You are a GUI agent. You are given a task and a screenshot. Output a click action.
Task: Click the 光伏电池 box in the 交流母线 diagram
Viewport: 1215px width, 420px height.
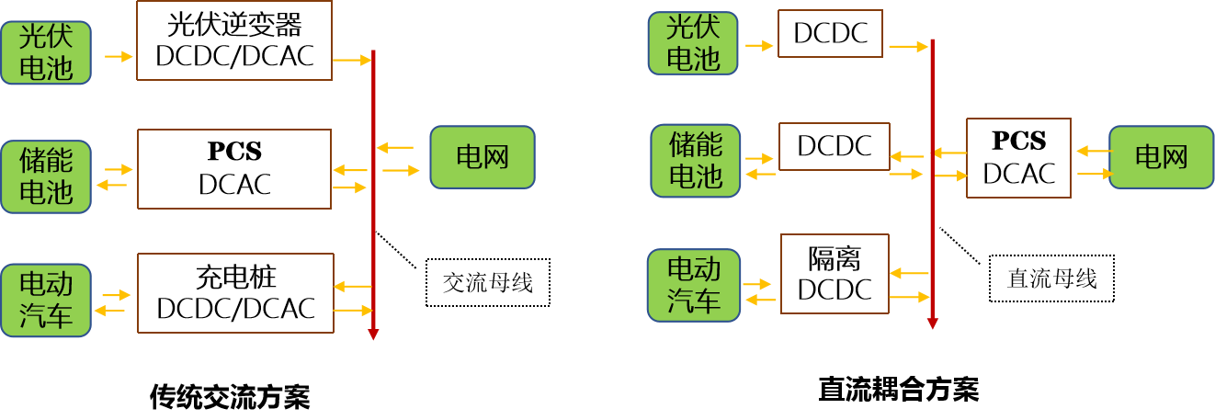[46, 52]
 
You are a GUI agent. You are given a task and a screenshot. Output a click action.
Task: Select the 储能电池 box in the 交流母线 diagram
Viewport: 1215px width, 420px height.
[46, 176]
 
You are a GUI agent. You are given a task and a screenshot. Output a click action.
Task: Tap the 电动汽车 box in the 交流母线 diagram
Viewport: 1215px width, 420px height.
[46, 300]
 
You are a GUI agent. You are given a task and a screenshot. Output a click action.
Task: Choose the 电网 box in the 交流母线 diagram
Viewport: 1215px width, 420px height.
[483, 157]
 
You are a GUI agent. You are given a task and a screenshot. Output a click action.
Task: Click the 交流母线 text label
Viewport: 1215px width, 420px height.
[487, 282]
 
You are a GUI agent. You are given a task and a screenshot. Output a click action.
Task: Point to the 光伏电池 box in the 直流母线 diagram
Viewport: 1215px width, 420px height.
[693, 43]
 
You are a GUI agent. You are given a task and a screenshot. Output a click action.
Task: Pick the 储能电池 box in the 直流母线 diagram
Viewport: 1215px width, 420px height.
[696, 161]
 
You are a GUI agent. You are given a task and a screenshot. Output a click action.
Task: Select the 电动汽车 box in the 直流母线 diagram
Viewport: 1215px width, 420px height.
[694, 285]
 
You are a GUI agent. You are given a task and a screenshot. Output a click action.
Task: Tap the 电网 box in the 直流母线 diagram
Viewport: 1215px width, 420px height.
[1162, 157]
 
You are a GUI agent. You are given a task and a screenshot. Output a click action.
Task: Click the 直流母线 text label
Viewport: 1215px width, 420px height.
[1051, 278]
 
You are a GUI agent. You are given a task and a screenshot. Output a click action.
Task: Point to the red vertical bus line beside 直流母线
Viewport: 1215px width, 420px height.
[932, 221]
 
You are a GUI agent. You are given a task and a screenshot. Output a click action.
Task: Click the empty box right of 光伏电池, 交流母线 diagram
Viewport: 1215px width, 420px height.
[234, 40]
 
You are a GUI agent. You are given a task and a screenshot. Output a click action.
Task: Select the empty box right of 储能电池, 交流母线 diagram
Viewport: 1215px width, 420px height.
[234, 168]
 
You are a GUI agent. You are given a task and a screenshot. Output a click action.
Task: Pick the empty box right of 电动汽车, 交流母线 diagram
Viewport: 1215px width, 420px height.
[235, 292]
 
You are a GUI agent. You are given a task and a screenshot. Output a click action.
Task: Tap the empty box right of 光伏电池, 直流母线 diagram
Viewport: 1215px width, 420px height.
[830, 34]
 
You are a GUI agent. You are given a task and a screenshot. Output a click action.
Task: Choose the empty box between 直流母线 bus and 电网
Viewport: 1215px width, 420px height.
[1018, 157]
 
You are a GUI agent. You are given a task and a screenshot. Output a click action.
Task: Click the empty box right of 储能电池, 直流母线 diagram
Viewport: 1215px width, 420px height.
[835, 146]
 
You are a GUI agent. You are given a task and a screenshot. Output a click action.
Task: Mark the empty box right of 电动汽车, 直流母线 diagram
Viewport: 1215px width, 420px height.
[835, 273]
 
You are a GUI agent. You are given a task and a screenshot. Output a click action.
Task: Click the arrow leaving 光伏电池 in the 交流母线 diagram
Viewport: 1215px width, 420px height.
[119, 57]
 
